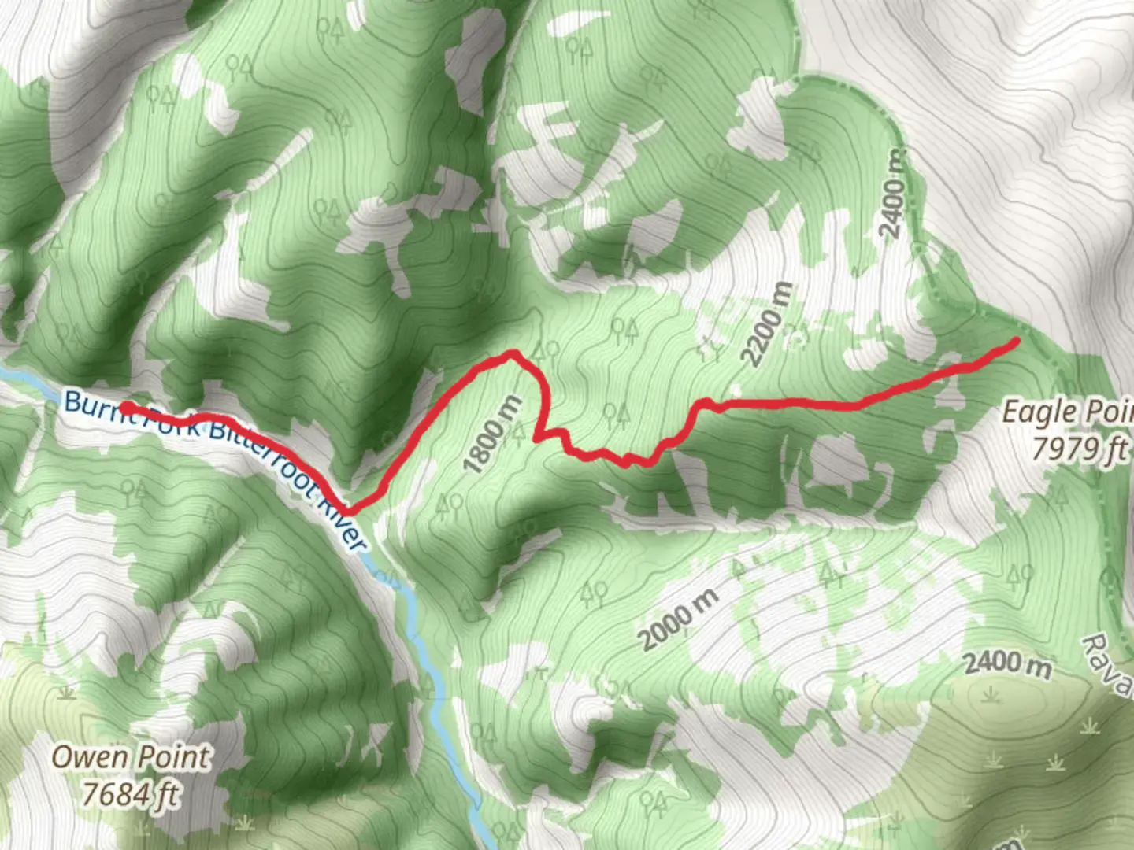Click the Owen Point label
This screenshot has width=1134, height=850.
pos(131,757)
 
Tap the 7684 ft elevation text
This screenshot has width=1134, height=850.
pos(131,793)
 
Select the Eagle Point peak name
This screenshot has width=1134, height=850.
pos(1067,412)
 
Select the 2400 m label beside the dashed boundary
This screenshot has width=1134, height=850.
pos(893,193)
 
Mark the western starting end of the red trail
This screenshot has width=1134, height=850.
pos(125,407)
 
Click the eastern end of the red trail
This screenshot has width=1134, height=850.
pos(1016,341)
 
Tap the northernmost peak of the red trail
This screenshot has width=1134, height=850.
pos(513,353)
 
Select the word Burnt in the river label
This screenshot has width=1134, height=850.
pos(91,403)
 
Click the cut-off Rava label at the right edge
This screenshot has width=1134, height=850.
pos(1110,665)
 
